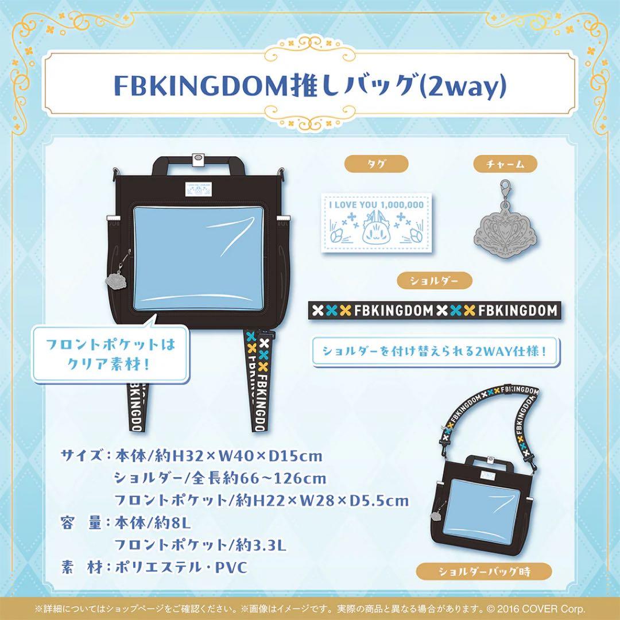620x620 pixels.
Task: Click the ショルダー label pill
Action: (x=434, y=281)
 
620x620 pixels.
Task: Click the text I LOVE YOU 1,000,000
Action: (x=377, y=204)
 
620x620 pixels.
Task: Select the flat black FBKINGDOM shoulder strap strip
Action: (x=434, y=311)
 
